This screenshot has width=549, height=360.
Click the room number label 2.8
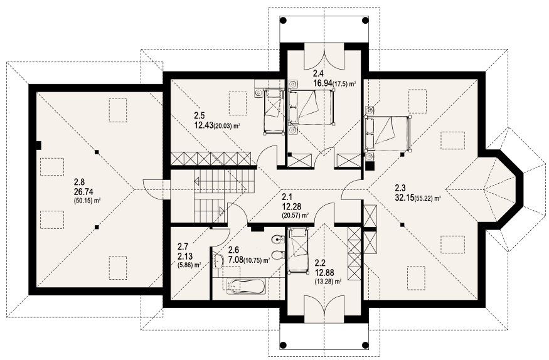pos(80,183)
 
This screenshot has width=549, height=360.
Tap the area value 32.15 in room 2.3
pos(404,198)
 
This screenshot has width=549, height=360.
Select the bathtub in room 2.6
pos(246,285)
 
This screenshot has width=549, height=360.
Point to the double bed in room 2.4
pos(311,107)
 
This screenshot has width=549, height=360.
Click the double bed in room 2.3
pos(387,134)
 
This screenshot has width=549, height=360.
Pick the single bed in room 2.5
pos(273,111)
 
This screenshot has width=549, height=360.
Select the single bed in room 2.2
pos(298,250)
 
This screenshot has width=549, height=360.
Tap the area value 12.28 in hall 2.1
pos(291,207)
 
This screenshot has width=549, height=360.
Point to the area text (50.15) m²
pos(88,201)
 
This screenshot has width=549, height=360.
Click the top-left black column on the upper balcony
pos(283,20)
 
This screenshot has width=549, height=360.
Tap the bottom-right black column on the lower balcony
pos(365,344)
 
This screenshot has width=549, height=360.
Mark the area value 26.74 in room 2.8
pos(83,192)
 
